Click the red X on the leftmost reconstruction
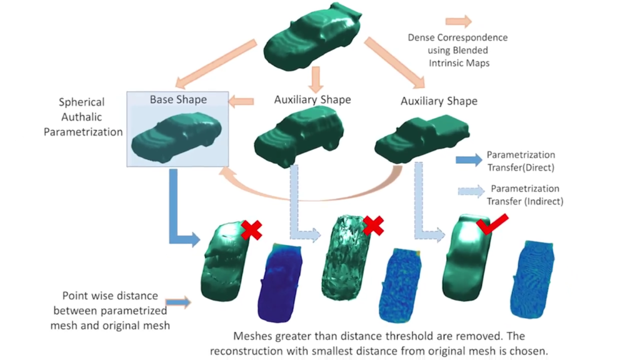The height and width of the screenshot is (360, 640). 251,229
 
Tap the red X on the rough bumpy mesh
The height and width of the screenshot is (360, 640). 373,225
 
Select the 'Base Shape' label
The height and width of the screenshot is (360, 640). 177,99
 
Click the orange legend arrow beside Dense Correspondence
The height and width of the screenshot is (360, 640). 459,21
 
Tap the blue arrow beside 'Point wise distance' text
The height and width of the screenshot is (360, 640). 178,302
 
